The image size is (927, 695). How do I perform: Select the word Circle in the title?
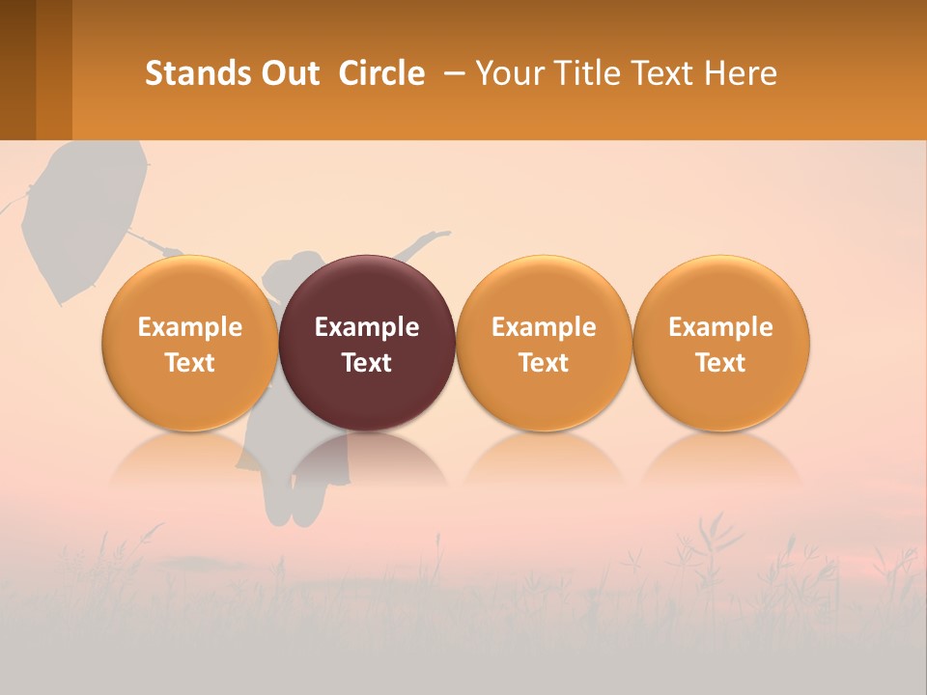381,73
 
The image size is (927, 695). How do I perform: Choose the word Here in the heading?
740,73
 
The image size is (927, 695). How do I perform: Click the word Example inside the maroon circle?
367,327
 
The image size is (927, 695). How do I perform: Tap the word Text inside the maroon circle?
367,363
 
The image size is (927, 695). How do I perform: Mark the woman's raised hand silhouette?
439,235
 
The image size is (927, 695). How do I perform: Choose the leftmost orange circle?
190,343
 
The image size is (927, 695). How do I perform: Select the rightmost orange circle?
721,343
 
